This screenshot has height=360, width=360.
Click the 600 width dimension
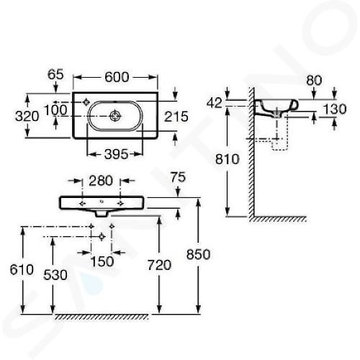coord(117,77)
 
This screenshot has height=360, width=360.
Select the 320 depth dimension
coord(27,117)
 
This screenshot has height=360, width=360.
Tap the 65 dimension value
coord(55,74)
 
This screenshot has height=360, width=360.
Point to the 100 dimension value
coord(55,110)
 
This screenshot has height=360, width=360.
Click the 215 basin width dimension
coord(176,117)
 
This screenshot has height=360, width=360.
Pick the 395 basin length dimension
coord(117,154)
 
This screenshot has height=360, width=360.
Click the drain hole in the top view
coord(114,116)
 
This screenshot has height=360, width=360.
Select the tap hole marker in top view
coord(86,102)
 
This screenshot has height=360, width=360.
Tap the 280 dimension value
coord(101,181)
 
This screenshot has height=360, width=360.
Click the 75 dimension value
coord(179,177)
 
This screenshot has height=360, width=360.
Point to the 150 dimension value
coord(102,261)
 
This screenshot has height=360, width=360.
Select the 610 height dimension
coord(22,269)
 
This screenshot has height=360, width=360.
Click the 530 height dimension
coord(55,275)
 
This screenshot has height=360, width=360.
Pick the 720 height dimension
coord(159,265)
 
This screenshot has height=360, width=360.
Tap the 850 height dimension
coord(199,254)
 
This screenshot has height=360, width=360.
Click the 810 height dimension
coord(228,159)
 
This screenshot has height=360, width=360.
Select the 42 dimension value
coord(215,103)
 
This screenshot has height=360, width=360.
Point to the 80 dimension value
coord(314,81)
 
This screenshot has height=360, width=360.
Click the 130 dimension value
coord(335,109)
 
